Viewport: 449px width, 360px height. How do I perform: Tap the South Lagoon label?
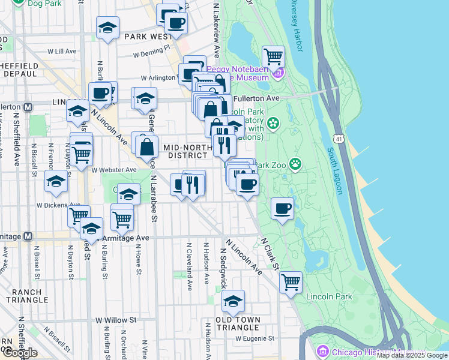click(x=335, y=171)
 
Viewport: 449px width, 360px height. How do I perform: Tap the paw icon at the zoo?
click(x=295, y=163)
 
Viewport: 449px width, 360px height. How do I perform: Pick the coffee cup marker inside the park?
click(x=282, y=208)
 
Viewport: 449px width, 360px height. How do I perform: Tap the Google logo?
click(x=19, y=353)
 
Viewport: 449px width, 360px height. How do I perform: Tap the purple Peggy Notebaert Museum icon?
click(x=278, y=74)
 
